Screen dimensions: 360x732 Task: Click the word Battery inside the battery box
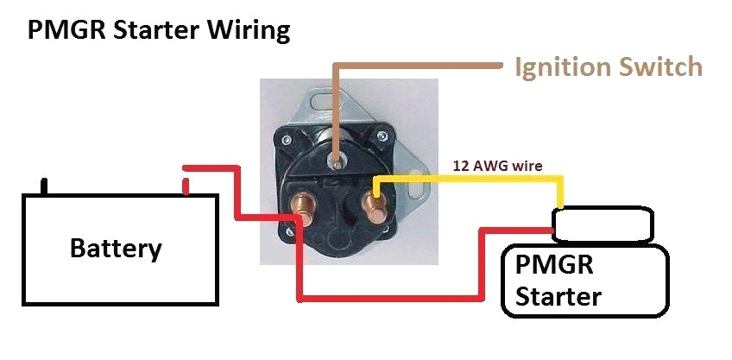click(115, 249)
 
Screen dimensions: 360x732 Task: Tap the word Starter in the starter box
click(557, 296)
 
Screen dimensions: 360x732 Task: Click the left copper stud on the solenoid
click(302, 208)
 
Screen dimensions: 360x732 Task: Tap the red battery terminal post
click(185, 186)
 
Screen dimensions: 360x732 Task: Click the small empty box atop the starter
click(601, 224)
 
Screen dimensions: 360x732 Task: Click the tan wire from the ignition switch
click(414, 66)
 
